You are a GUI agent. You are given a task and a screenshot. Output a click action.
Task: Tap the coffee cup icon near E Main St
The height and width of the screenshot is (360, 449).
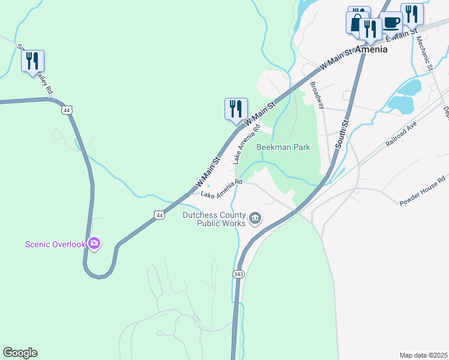[391, 23]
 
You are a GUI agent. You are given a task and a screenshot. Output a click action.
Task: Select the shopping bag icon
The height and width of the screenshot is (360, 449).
[356, 22]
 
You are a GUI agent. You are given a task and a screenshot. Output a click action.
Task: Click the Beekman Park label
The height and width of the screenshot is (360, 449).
[283, 147]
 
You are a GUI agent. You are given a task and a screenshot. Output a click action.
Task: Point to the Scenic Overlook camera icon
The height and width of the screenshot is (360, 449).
[94, 243]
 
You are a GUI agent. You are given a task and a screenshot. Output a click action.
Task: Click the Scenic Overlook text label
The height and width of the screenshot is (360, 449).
[55, 244]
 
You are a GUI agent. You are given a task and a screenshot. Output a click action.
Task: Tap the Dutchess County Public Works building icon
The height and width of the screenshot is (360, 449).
[255, 218]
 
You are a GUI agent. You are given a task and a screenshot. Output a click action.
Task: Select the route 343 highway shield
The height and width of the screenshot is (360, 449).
[238, 274]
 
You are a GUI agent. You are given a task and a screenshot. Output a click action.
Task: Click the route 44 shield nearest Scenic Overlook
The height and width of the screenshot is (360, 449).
[158, 214]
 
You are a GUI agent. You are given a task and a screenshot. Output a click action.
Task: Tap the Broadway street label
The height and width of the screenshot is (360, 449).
[317, 95]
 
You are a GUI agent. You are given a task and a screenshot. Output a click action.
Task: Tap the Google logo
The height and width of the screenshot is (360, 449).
[20, 353]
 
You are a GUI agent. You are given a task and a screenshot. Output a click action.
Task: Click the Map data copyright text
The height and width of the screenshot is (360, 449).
[423, 355]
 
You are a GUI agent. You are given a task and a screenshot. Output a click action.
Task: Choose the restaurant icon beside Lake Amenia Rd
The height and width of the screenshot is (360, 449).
[236, 109]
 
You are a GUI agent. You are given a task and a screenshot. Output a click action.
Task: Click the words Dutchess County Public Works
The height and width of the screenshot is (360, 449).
[214, 220]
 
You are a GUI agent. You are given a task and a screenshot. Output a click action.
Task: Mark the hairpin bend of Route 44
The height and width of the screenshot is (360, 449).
[99, 275]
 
